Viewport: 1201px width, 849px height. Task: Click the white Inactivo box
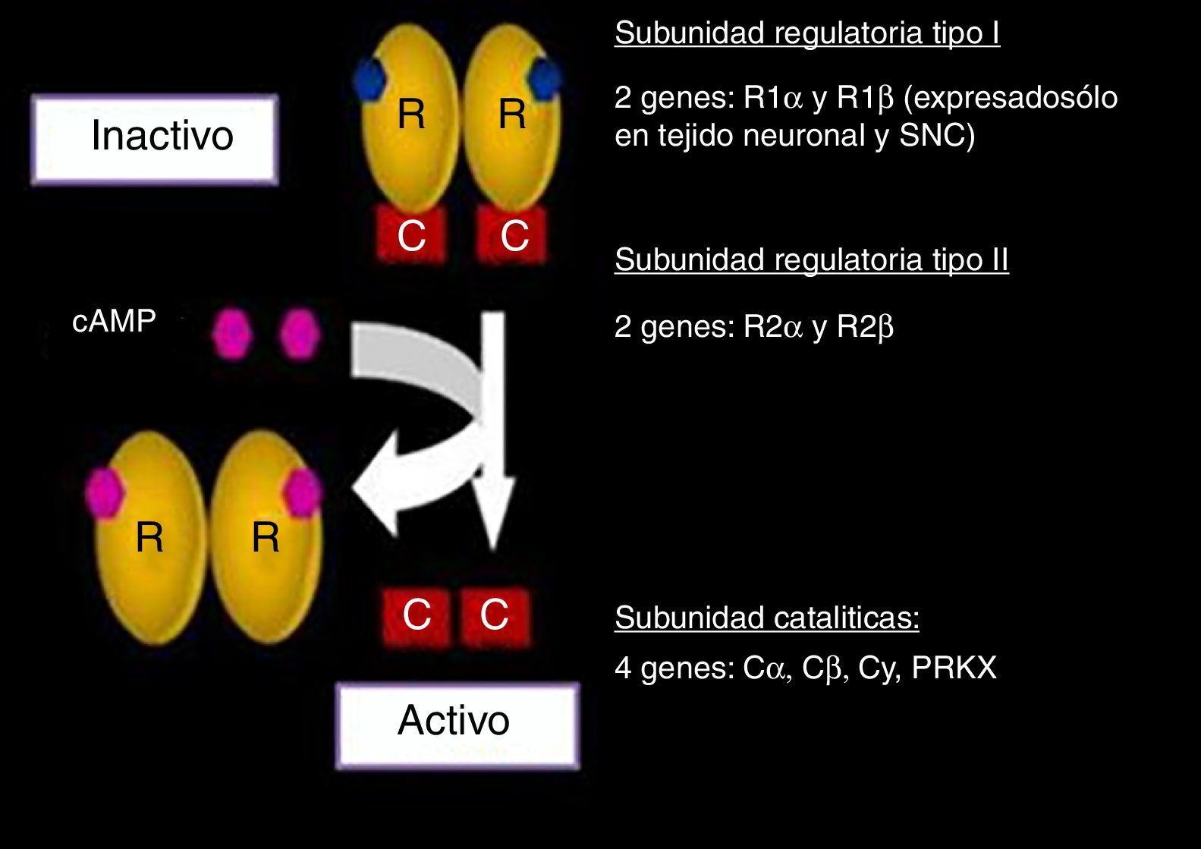(x=155, y=140)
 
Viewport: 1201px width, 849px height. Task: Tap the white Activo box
(x=457, y=725)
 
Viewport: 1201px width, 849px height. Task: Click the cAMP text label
(x=114, y=322)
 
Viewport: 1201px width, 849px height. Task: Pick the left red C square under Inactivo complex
(x=411, y=236)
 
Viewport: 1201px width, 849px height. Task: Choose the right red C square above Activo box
(x=495, y=615)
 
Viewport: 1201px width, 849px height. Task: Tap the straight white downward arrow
(x=494, y=432)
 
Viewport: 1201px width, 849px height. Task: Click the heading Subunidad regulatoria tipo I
(x=807, y=33)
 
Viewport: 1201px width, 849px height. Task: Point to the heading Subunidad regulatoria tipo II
(x=811, y=260)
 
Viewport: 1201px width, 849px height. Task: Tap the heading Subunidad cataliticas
(x=766, y=618)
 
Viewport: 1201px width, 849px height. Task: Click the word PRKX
(x=954, y=668)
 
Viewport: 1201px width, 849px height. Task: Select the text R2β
(x=865, y=327)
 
